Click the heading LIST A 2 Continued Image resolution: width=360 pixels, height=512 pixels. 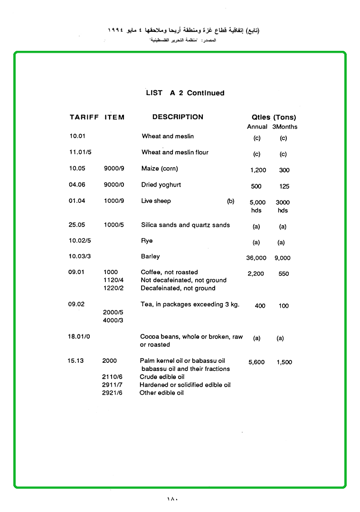(x=185, y=93)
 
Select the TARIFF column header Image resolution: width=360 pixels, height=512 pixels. (x=84, y=117)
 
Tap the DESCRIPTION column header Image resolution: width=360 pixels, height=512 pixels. (x=178, y=117)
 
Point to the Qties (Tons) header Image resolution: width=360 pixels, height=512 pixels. (x=274, y=117)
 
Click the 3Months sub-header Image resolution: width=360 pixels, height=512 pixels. (x=284, y=127)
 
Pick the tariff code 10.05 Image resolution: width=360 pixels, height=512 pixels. (x=76, y=168)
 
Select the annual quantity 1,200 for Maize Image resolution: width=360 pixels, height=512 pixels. (x=258, y=170)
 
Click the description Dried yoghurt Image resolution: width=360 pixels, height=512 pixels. (x=161, y=185)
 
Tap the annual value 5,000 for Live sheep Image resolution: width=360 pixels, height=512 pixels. (x=257, y=202)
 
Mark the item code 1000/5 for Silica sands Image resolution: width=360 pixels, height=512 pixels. (x=114, y=225)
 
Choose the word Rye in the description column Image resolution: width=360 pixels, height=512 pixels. (x=147, y=241)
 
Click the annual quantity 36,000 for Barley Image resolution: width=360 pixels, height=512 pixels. (x=256, y=258)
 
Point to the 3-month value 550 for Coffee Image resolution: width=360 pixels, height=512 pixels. (x=284, y=274)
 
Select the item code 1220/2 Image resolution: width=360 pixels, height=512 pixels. (x=113, y=288)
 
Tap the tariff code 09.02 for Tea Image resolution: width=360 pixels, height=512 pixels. (x=76, y=304)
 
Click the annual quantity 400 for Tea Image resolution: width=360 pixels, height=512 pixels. (x=260, y=306)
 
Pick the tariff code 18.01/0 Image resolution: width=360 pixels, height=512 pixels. (x=79, y=336)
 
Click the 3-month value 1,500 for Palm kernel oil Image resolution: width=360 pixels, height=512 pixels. (x=284, y=362)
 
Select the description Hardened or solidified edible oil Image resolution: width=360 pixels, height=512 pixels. (x=185, y=385)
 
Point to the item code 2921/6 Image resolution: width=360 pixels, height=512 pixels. (x=112, y=393)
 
